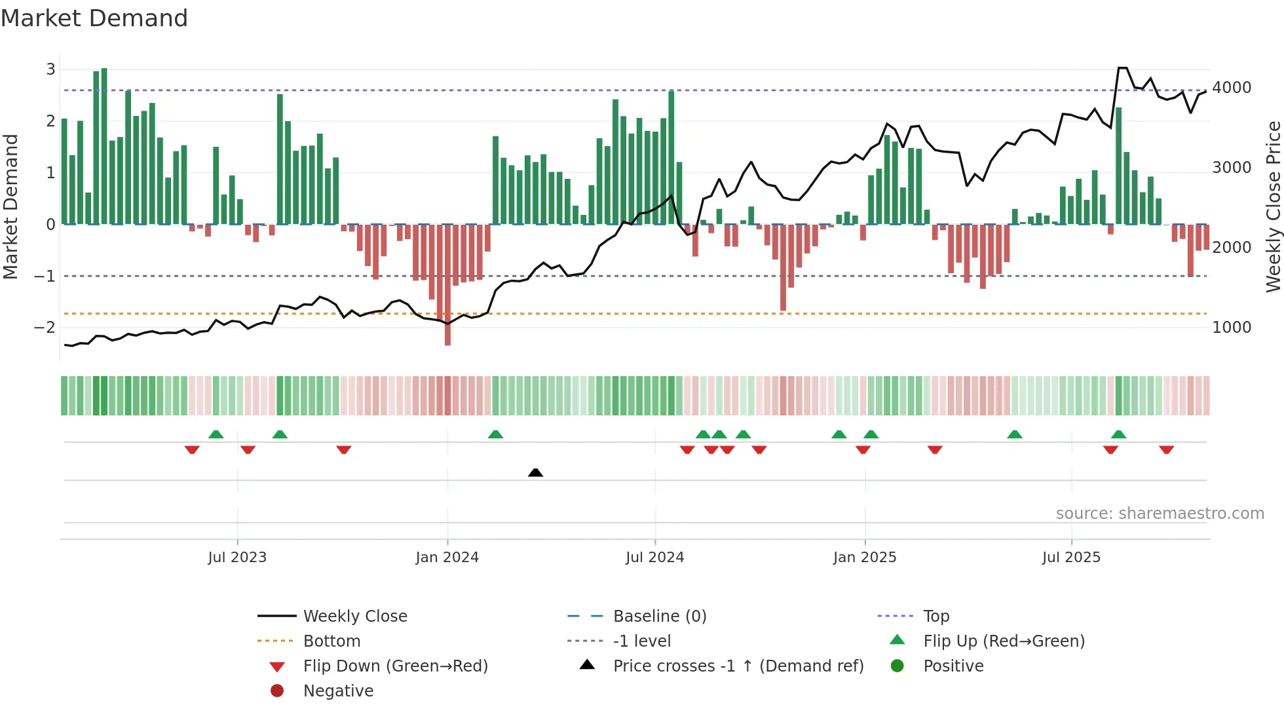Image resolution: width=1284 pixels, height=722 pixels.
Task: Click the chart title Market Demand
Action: [x=94, y=18]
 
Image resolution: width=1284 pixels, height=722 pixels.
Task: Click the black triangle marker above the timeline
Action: [x=535, y=472]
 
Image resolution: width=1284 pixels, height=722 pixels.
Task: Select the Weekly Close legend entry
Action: [x=354, y=616]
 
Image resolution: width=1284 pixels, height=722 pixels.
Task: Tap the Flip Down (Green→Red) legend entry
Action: [x=395, y=666]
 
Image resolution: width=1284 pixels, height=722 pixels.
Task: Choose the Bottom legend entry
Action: [x=331, y=641]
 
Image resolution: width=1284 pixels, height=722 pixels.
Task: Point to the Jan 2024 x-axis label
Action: [x=447, y=557]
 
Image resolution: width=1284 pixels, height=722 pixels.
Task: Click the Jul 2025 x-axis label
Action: [x=1071, y=557]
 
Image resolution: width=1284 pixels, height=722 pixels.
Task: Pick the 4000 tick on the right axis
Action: [x=1232, y=87]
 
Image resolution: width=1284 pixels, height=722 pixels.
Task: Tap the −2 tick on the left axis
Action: [x=45, y=327]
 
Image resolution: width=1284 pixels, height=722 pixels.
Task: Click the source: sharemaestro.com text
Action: [x=1160, y=513]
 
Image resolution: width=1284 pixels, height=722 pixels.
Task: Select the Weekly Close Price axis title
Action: [x=1273, y=206]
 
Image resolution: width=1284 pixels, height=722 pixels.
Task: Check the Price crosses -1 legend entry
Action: [x=738, y=666]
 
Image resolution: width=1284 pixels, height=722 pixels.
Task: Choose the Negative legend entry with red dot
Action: [x=338, y=691]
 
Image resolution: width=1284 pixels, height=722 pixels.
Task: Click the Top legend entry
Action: [x=935, y=616]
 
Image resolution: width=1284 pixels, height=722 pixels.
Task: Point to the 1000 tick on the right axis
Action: [x=1232, y=327]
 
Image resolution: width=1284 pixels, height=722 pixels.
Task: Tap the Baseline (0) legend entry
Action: [x=659, y=616]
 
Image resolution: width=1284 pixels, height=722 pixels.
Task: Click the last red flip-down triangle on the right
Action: [x=1166, y=449]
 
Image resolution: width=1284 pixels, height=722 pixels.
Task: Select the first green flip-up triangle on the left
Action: [x=216, y=434]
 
